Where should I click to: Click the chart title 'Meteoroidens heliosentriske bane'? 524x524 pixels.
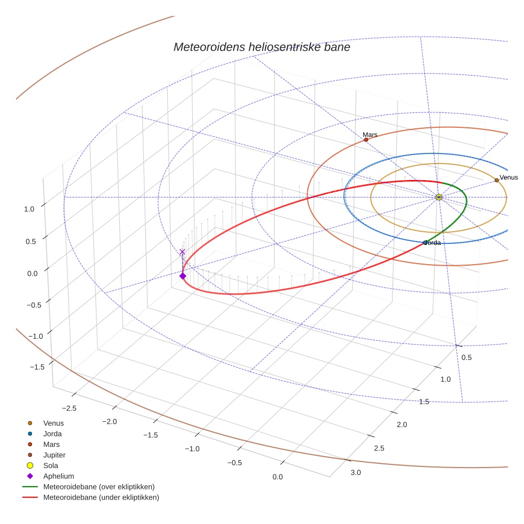pos(261,47)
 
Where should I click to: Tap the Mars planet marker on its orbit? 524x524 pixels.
pos(366,140)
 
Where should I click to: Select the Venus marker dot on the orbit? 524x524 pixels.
pos(496,180)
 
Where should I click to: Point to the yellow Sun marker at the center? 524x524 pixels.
pos(439,197)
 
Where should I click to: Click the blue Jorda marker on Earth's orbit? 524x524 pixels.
pos(425,243)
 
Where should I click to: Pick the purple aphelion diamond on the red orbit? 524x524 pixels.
pos(183,276)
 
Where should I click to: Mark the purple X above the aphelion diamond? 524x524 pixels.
pos(183,252)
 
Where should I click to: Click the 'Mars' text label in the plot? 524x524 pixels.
pos(370,135)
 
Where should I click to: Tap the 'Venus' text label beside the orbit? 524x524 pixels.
pos(509,177)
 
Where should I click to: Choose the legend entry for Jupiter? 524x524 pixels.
pos(54,455)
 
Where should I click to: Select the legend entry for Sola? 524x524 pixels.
pos(51,465)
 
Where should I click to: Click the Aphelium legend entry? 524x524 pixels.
pos(59,476)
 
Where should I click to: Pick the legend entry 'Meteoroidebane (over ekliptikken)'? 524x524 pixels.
pos(99,487)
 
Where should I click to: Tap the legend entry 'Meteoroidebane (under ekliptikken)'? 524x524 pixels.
pos(101,497)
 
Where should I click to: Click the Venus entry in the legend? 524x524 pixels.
pos(53,423)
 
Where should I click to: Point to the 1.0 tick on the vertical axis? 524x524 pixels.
pos(29,209)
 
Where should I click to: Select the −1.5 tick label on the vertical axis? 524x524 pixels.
pos(36,367)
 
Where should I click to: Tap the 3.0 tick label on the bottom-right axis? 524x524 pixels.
pos(355,472)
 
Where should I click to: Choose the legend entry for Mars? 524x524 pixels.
pos(51,444)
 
